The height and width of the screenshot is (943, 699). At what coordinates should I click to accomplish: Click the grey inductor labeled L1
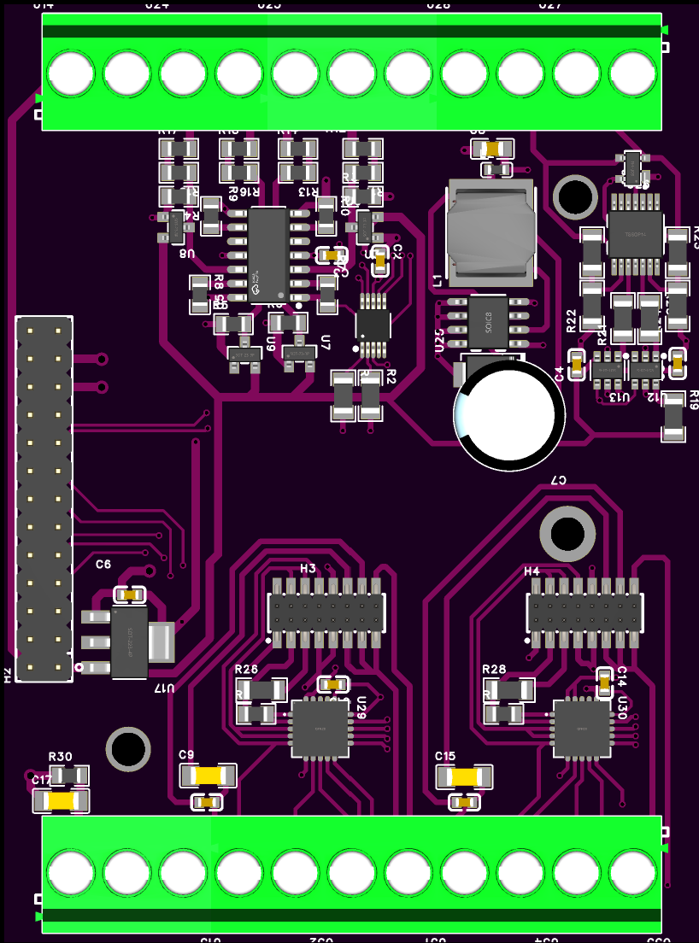pos(490,231)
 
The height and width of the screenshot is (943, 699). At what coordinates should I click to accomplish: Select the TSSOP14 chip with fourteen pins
pos(635,232)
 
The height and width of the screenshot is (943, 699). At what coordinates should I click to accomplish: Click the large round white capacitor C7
pos(510,413)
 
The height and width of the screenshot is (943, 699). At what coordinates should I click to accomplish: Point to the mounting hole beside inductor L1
pos(574,196)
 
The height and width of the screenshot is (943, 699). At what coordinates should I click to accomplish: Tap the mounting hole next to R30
pos(128,749)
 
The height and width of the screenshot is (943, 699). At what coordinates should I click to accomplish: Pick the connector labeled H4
pos(585,609)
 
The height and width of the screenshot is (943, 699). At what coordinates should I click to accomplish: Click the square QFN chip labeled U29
pos(320,728)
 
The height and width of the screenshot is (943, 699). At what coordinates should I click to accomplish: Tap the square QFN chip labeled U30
pos(582,728)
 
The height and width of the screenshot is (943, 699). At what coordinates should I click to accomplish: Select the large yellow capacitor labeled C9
pos(208,775)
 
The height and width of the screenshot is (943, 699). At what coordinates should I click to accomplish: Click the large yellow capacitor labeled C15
pos(465,776)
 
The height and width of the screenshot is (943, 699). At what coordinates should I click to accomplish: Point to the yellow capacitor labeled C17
pos(62,801)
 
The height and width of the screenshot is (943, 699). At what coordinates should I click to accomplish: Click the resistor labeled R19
pos(673,416)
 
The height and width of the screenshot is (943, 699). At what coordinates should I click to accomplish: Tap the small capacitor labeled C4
pos(577,366)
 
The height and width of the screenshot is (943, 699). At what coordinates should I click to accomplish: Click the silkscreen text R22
pos(572,320)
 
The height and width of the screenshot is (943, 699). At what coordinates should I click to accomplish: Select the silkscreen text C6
pos(103,565)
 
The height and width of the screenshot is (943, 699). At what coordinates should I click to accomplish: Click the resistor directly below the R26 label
pos(261,688)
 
